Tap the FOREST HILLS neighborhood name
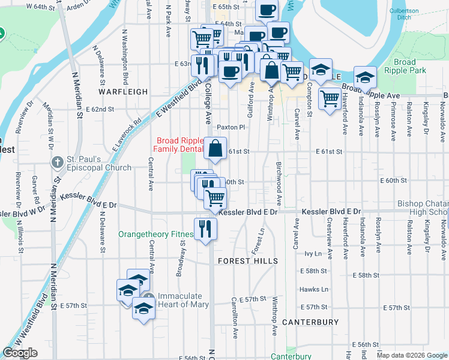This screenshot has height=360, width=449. (x=247, y=261)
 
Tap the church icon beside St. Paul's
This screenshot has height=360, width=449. (x=57, y=163)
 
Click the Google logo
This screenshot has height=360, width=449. (x=20, y=353)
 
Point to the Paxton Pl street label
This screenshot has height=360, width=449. (x=232, y=127)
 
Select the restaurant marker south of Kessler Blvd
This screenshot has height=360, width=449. (x=205, y=227)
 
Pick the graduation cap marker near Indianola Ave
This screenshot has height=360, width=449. (x=364, y=76)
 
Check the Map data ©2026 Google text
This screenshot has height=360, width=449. (x=412, y=355)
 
